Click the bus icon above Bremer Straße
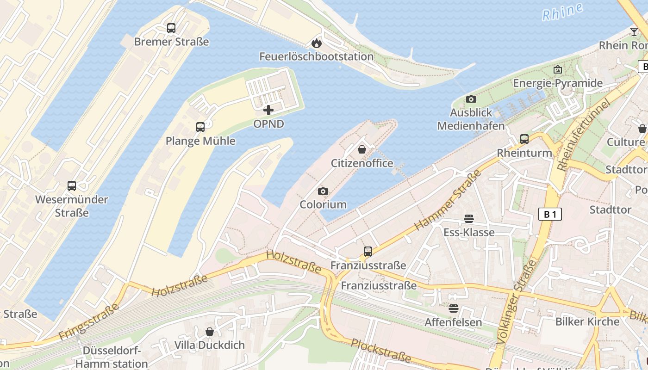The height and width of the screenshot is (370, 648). (171, 28)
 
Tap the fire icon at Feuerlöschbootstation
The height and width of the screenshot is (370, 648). (316, 43)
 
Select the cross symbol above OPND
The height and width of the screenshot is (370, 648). (268, 110)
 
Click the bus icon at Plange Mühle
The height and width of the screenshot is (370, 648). (200, 127)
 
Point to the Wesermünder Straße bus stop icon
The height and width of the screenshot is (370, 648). (72, 186)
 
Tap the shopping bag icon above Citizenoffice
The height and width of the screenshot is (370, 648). (362, 149)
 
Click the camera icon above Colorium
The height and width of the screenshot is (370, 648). (323, 191)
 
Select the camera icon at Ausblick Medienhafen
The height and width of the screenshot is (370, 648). (471, 99)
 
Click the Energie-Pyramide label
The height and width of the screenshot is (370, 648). (558, 83)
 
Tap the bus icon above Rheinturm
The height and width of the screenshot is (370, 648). (524, 139)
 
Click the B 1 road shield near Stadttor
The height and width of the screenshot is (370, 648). (550, 214)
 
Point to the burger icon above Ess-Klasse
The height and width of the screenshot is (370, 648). (469, 219)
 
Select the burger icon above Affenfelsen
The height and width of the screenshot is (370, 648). (453, 308)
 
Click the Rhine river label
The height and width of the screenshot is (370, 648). (562, 12)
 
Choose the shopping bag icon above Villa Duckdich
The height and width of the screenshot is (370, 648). (210, 332)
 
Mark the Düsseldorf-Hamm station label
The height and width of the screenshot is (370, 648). (112, 357)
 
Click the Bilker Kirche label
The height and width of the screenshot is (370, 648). (587, 321)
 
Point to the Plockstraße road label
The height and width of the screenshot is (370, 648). (380, 350)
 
